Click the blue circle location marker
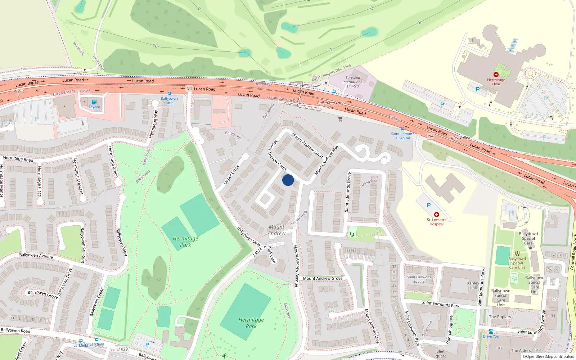288,180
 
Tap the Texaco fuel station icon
94,102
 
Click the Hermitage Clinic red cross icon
496,75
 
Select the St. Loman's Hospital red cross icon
437,215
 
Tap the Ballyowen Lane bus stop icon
169,94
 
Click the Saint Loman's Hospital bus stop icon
402,129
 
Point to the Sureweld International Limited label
353,82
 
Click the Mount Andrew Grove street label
323,278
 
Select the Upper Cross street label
231,175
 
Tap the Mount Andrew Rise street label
327,161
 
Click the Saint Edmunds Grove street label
348,192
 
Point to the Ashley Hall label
473,285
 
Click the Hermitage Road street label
18,158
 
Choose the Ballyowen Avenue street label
36,256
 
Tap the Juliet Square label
440,354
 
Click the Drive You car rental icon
491,332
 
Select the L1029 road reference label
122,349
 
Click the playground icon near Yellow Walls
352,234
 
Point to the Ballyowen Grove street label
42,294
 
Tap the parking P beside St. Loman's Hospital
428,205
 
